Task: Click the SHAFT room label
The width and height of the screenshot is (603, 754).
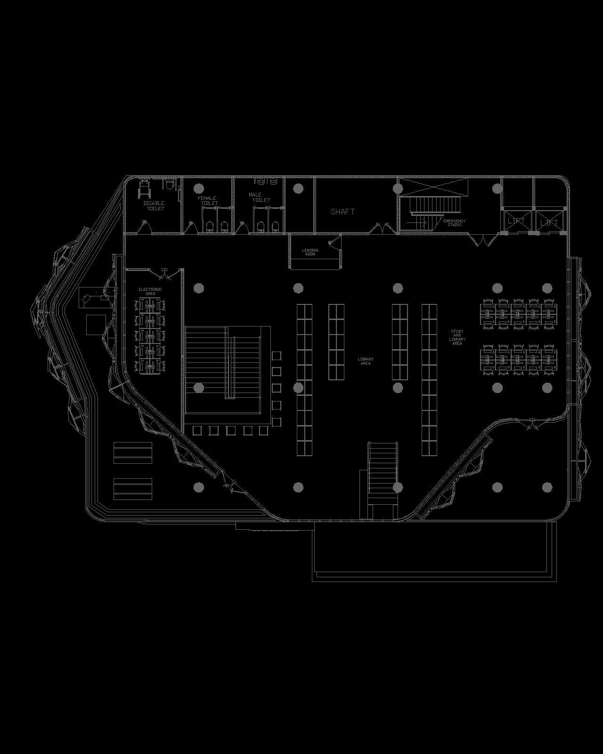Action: pyautogui.click(x=342, y=212)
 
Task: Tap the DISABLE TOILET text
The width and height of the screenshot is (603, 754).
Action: pyautogui.click(x=154, y=205)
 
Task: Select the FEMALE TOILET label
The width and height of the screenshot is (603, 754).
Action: pyautogui.click(x=208, y=201)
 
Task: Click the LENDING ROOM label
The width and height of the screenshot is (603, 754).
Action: pyautogui.click(x=310, y=252)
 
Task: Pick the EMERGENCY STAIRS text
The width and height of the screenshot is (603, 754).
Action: pyautogui.click(x=454, y=222)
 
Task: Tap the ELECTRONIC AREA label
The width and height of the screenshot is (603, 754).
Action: pyautogui.click(x=150, y=291)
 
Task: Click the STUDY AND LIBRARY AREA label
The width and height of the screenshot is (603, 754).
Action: pyautogui.click(x=457, y=337)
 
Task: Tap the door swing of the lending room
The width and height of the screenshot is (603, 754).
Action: pyautogui.click(x=335, y=242)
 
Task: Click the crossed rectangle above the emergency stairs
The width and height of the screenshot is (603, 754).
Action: pyautogui.click(x=433, y=187)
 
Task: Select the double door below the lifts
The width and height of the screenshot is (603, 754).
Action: pyautogui.click(x=483, y=241)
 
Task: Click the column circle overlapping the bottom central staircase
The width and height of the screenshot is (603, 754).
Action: pyautogui.click(x=398, y=487)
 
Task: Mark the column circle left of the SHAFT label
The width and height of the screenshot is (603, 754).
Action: pyautogui.click(x=298, y=188)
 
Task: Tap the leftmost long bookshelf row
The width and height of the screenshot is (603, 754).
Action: pyautogui.click(x=304, y=379)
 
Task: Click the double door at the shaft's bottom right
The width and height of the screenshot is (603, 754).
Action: pyautogui.click(x=381, y=229)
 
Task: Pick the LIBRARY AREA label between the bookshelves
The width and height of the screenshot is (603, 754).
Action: pyautogui.click(x=366, y=361)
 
